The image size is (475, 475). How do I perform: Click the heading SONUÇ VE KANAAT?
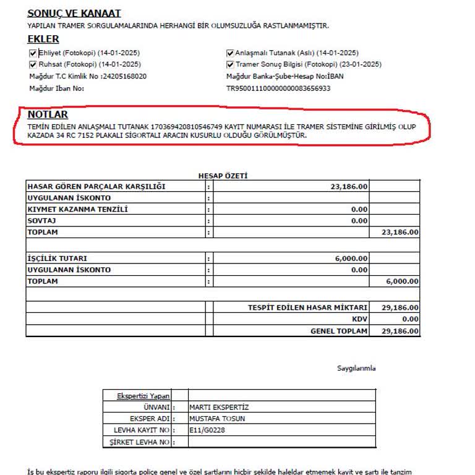74,14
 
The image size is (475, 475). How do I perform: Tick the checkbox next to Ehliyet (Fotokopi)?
33,53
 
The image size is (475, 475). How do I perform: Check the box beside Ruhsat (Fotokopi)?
33,64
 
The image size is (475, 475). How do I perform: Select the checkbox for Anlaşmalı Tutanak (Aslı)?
230,53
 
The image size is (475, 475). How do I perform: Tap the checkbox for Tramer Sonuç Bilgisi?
230,64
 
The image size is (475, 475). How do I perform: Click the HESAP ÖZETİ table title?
223,176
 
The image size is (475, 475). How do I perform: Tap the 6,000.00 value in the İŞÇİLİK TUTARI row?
351,259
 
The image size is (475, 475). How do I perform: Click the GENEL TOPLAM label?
339,331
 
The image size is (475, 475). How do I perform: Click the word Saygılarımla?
356,368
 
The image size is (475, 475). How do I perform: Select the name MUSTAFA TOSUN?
217,419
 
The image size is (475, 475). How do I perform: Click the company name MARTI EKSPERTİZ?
218,407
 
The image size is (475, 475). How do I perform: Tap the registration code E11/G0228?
207,430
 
